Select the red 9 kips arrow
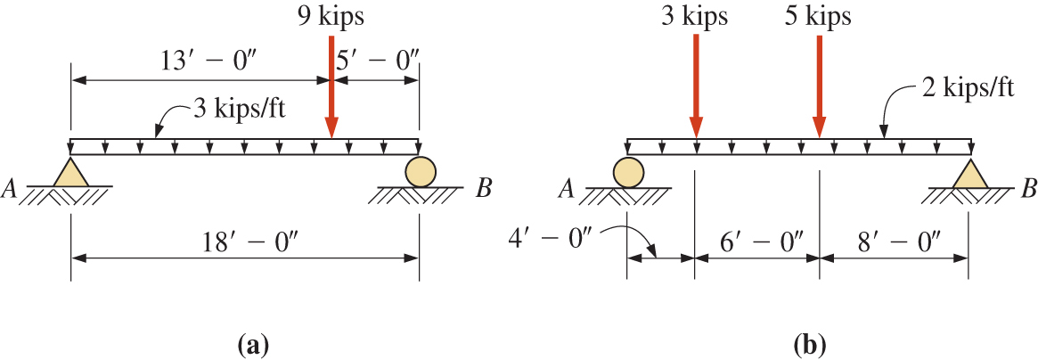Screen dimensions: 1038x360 click(331, 86)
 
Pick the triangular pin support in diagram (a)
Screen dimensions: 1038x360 click(69, 171)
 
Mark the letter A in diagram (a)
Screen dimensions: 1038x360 click(9, 189)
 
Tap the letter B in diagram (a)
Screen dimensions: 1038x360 click(484, 189)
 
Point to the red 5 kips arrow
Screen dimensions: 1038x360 click(820, 86)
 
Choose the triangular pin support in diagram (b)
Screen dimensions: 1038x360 click(969, 171)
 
